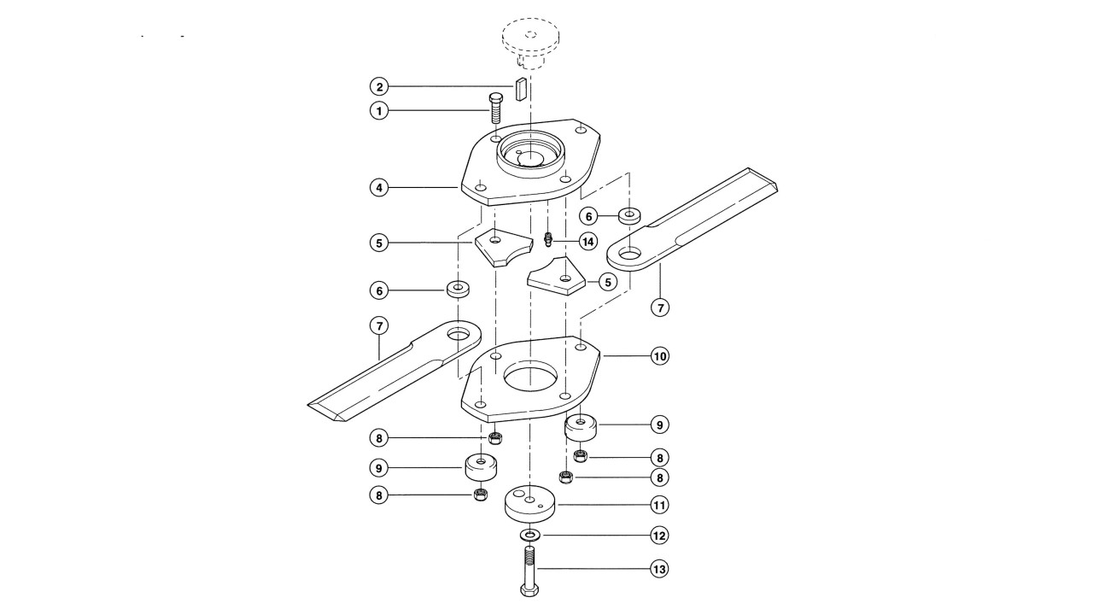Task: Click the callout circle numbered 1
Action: coord(379,111)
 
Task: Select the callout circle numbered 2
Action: coord(379,87)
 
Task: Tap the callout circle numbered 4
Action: coord(379,187)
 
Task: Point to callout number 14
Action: coord(588,241)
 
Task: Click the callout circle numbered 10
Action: coord(660,356)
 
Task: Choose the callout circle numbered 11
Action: coord(660,505)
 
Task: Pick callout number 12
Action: coord(660,536)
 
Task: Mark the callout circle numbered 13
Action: coord(660,569)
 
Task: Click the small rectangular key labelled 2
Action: coord(520,90)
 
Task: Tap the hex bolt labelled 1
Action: coord(496,108)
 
